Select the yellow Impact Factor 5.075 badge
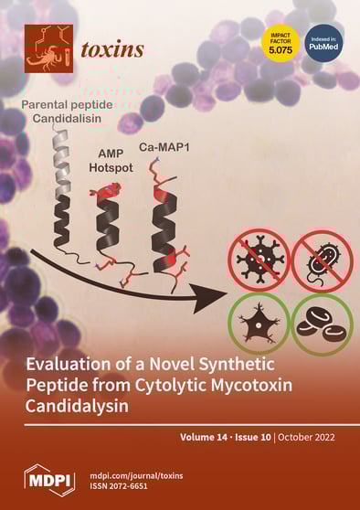(x=281, y=43)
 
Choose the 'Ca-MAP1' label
(x=175, y=145)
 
